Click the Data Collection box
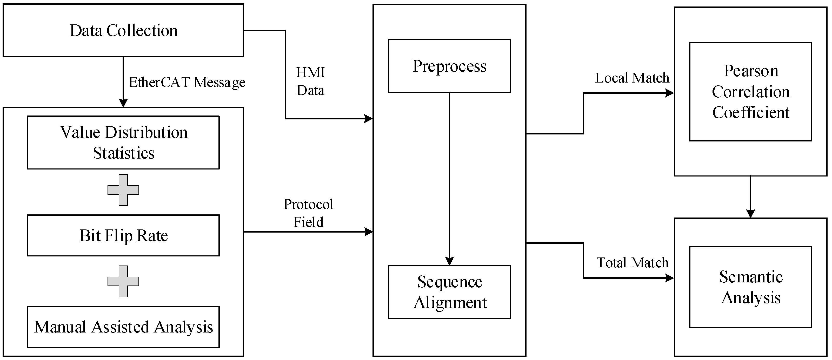point(123,31)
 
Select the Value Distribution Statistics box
point(123,142)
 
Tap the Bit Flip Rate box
point(123,235)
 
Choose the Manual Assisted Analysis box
point(123,327)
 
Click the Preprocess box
point(449,66)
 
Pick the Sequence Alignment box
point(449,292)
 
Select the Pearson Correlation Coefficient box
point(750,91)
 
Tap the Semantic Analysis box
point(750,287)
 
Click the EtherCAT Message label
point(187,82)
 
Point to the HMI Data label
point(310,81)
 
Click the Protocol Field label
point(308,213)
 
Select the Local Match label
point(632,78)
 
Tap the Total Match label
point(632,262)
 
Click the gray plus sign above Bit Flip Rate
point(123,190)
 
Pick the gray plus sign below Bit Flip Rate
point(123,281)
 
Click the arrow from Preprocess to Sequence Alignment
point(449,178)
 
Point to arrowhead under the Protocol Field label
point(369,232)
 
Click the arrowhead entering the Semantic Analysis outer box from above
point(750,214)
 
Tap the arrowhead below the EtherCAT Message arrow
point(123,103)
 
